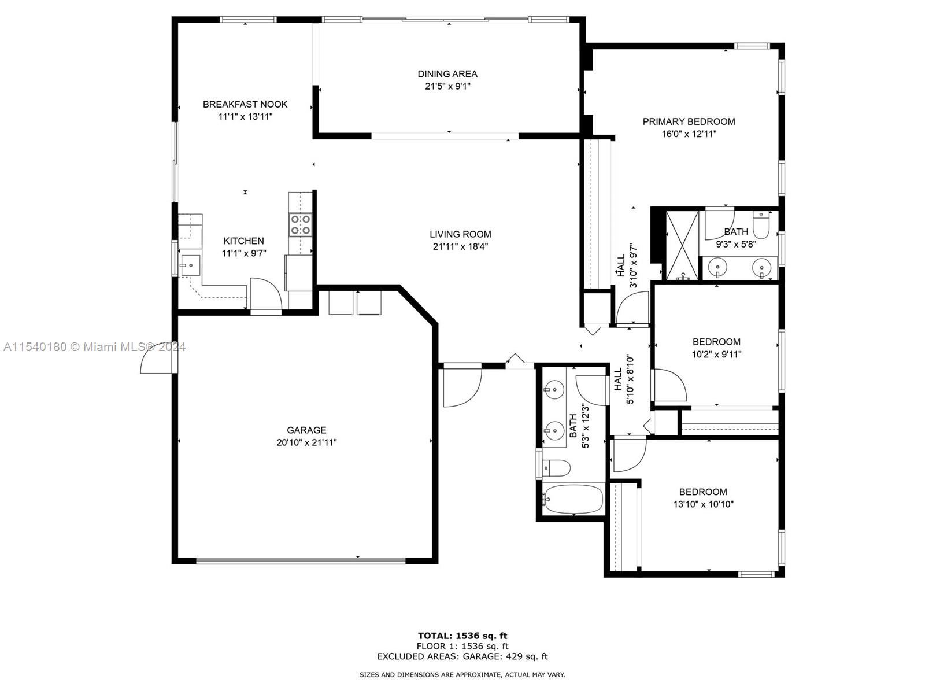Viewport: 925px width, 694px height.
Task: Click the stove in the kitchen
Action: (300, 224)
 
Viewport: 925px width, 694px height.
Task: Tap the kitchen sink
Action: (190, 265)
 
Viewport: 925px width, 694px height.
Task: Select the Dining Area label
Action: (447, 74)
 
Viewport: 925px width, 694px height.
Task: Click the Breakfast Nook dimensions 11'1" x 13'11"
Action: (245, 116)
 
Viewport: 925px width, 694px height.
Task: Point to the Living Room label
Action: (460, 234)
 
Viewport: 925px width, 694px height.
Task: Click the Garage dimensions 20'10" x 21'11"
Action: (306, 442)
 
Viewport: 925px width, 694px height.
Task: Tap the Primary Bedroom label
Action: (689, 122)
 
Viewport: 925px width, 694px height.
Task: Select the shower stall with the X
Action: (682, 246)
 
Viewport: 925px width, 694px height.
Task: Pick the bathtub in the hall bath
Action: (573, 499)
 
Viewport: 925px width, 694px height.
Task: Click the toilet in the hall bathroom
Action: (556, 468)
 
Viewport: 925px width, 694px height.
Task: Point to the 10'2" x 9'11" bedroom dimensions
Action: (716, 355)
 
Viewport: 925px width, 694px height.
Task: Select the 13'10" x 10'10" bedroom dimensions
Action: (703, 504)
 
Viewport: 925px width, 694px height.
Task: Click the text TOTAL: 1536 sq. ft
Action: (462, 636)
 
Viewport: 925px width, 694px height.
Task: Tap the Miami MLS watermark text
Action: (94, 347)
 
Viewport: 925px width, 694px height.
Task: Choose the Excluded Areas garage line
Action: (462, 656)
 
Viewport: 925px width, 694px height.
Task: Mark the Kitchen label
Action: (243, 241)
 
